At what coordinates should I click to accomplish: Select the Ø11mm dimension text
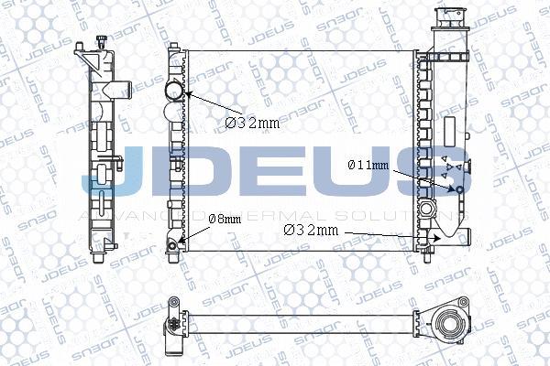[x=368, y=166]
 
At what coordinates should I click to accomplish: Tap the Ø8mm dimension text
[x=225, y=220]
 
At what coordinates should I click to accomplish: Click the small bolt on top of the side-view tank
[x=100, y=39]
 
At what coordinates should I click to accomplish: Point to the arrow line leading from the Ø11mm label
[x=424, y=177]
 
